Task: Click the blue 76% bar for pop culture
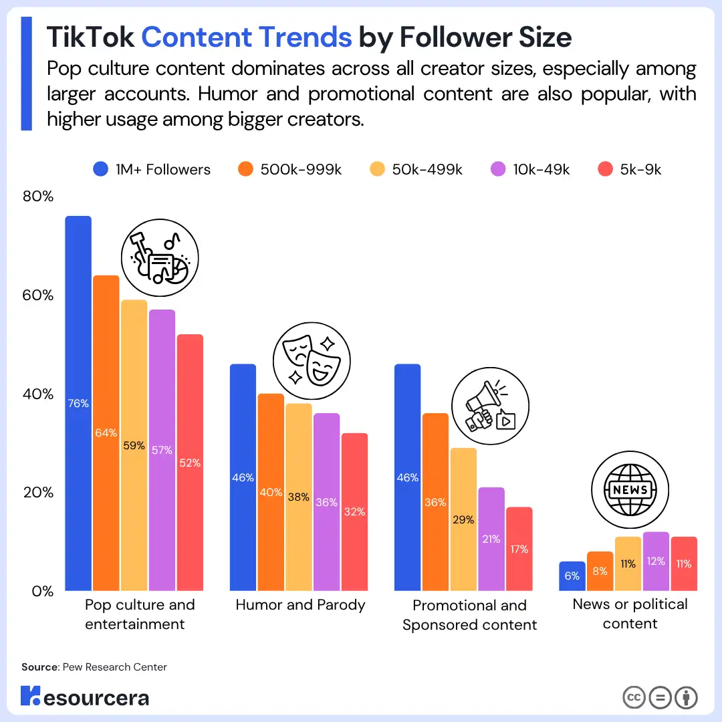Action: click(78, 403)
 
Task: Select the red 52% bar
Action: click(190, 463)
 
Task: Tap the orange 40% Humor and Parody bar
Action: click(271, 492)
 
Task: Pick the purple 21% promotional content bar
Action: click(491, 539)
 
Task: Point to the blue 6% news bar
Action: click(572, 576)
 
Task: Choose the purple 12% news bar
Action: click(656, 562)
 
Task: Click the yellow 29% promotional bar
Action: click(463, 519)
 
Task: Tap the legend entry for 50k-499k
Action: click(416, 170)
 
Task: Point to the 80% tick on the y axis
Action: click(38, 197)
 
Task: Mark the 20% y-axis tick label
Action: click(38, 493)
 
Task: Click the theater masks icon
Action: click(312, 362)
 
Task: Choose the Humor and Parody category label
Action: click(300, 605)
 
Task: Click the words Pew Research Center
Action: click(114, 667)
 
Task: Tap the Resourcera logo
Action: click(85, 697)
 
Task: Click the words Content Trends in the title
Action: click(246, 37)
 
